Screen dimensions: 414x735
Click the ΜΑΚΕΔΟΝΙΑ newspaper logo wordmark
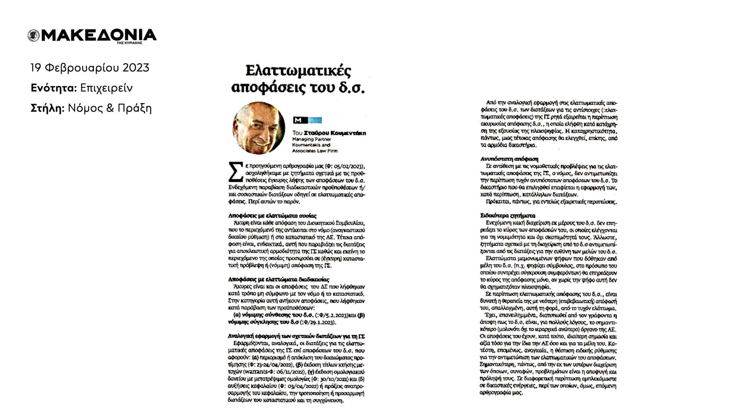(99, 35)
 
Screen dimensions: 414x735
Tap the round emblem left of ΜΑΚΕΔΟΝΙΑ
(34, 36)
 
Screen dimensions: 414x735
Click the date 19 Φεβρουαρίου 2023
(90, 68)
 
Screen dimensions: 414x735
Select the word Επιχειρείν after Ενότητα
(106, 88)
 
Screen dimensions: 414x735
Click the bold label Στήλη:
(47, 108)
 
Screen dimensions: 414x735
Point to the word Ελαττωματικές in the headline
(298, 71)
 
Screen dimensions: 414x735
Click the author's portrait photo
(259, 128)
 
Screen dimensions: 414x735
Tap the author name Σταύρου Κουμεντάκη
(335, 133)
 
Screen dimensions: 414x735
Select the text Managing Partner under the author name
(311, 139)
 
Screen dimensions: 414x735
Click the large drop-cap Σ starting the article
(236, 172)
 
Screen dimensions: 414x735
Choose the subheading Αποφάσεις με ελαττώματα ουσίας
(272, 216)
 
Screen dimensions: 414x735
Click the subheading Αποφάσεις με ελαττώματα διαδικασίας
(278, 280)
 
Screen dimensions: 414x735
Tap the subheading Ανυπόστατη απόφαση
(509, 159)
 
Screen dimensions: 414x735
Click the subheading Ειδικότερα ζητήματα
(508, 216)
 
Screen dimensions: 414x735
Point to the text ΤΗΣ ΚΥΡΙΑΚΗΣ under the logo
(129, 43)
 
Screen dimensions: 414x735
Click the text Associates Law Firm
(315, 151)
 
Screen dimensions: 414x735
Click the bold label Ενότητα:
(54, 88)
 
